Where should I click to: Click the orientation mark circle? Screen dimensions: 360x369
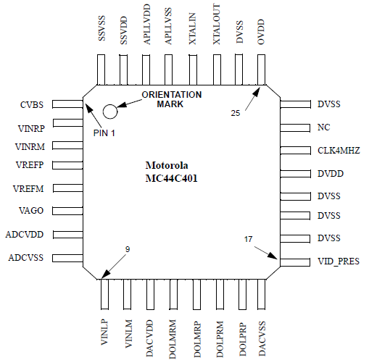110,111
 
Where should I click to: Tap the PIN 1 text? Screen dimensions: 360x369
106,133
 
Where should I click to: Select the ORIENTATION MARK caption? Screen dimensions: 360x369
172,99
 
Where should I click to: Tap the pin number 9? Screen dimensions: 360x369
127,250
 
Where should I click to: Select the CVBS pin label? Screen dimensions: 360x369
33,106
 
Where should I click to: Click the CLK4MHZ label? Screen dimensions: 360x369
339,151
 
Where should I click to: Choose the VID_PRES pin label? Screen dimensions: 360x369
339,261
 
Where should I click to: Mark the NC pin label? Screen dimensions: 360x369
324,127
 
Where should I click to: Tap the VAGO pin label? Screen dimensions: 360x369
33,211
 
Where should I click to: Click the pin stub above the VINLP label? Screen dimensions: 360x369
103,293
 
